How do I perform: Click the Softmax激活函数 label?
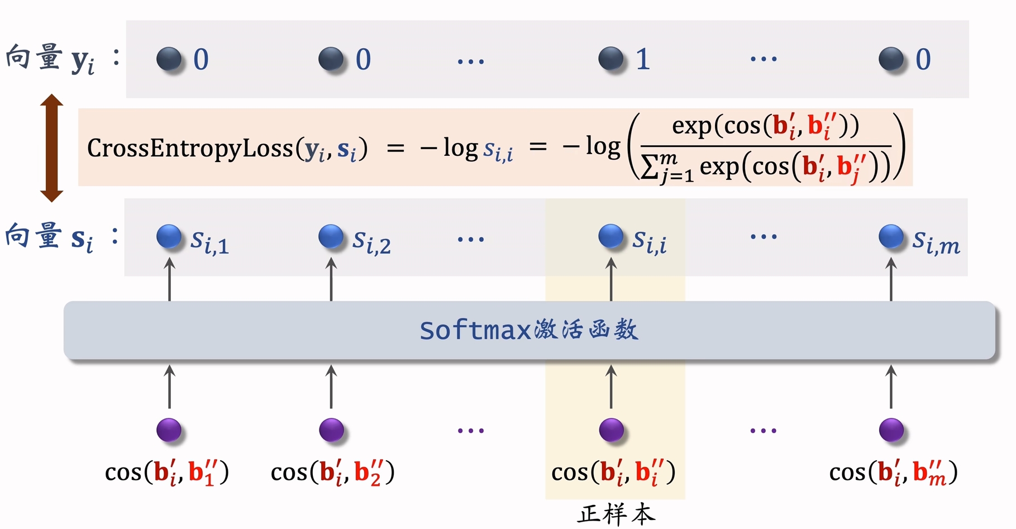528,330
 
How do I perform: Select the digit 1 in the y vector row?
643,59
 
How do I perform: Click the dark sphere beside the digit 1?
610,59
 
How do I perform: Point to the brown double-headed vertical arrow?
51,148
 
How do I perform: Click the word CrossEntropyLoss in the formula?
190,148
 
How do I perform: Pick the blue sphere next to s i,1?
169,236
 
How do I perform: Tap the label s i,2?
371,241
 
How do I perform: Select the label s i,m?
936,241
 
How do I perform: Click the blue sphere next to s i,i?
610,236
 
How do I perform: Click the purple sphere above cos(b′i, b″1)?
169,430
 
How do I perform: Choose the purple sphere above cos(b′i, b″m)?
891,430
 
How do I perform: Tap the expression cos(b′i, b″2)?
332,473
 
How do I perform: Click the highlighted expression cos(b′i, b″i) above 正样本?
613,473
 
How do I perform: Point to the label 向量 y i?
50,59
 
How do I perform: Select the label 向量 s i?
49,237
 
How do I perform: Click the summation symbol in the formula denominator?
649,166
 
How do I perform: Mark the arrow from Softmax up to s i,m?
891,279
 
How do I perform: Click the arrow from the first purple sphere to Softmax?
169,387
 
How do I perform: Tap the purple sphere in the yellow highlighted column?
611,430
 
